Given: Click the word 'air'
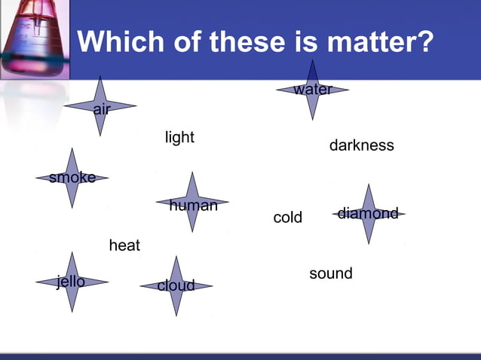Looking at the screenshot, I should pos(102,110).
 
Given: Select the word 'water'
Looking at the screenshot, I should pos(313,90).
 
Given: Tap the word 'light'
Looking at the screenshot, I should pos(179,137).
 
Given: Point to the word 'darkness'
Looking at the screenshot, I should pos(361,145).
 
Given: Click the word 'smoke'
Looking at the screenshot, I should pos(72,178).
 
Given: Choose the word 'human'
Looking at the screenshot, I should pos(194,205).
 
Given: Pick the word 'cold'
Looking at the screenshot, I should pos(287,218).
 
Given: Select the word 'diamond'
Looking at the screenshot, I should pos(368,214).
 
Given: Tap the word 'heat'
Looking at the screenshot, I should pos(124,246).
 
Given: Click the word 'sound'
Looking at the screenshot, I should pos(331,273).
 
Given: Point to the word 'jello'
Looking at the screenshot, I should pos(71,282).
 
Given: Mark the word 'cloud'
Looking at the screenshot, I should pos(176,285).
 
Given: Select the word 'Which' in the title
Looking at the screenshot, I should pos(118,41).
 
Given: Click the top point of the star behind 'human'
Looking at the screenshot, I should pos(193,173).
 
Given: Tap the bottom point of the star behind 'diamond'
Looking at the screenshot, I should pos(369,243).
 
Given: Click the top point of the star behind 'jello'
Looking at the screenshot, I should pos(72,252).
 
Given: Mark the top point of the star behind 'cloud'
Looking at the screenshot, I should pos(176,257).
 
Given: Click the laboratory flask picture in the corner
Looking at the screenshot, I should pos(34,38).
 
